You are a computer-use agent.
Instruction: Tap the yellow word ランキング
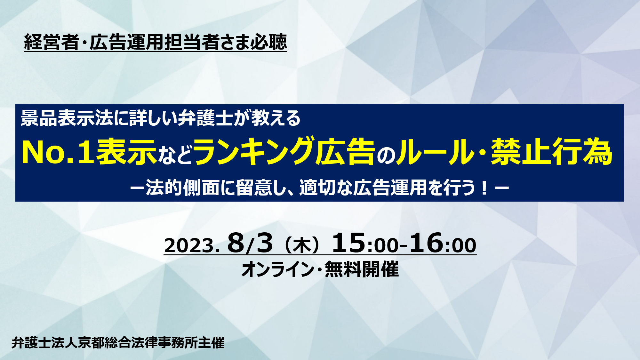(x=253, y=152)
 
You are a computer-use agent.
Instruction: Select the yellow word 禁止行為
(x=551, y=152)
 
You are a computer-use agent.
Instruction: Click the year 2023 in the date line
(x=189, y=246)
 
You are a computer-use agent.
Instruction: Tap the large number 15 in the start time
(x=348, y=243)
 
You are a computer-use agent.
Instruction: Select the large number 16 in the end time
(x=426, y=243)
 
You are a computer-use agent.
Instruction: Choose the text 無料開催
(x=362, y=269)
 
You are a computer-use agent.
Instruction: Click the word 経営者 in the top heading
(x=52, y=42)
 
